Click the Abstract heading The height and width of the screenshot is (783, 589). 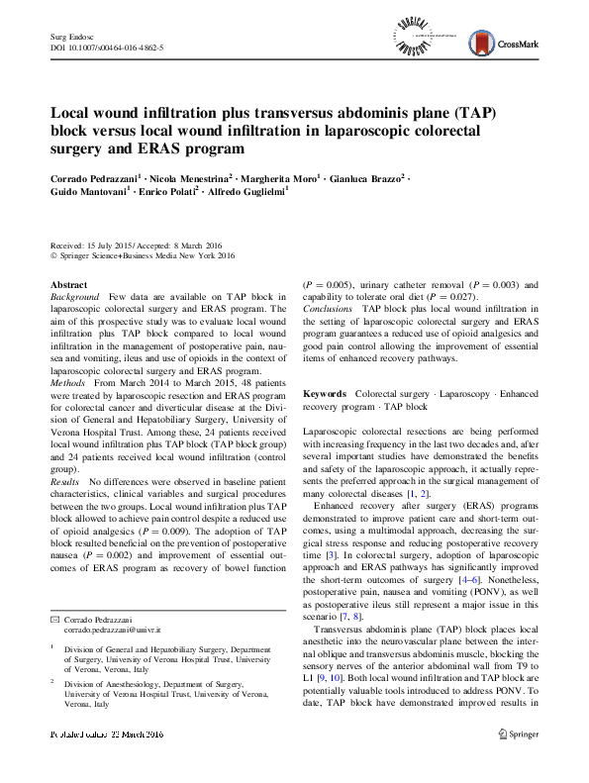click(x=68, y=284)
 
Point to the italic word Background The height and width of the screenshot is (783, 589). click(x=74, y=296)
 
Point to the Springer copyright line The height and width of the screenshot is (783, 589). click(x=143, y=256)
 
